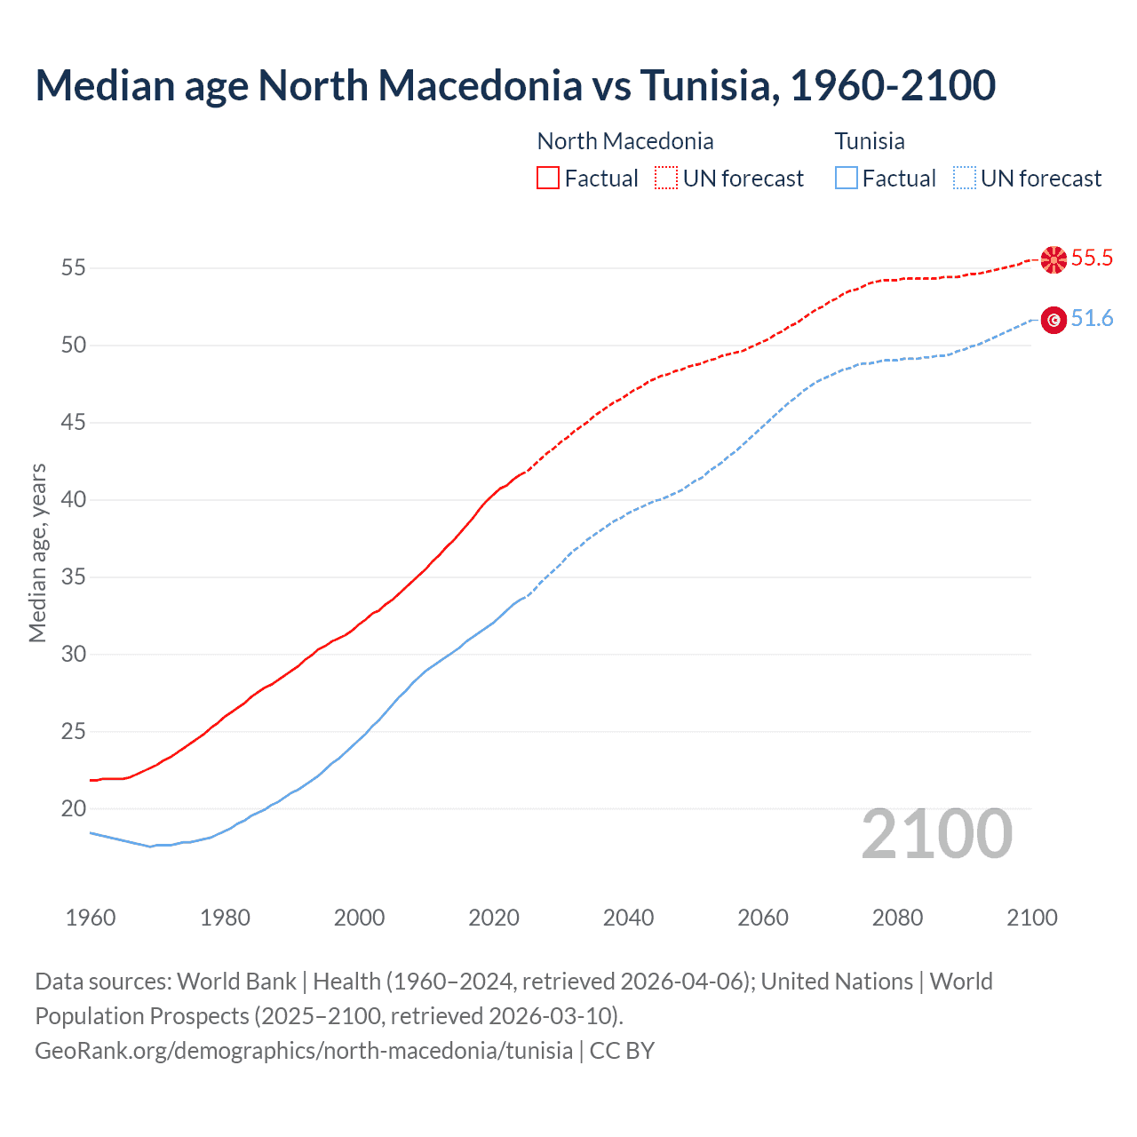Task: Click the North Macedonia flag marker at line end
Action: click(x=1054, y=259)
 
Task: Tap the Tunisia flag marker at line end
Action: click(x=1054, y=320)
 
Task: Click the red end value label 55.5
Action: click(x=1092, y=258)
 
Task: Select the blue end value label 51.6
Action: click(x=1092, y=319)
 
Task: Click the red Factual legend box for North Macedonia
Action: click(x=548, y=179)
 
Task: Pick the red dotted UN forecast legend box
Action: click(x=666, y=179)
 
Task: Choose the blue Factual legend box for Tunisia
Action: click(x=847, y=179)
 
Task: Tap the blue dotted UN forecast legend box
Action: click(x=965, y=179)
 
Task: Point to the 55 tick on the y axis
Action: click(x=73, y=267)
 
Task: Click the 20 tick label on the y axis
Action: click(x=73, y=809)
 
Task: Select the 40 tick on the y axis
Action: click(x=73, y=500)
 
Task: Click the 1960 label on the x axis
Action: click(x=91, y=918)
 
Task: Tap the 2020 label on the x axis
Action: click(x=494, y=918)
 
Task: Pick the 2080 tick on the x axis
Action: click(x=897, y=918)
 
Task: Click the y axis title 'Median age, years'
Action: click(x=37, y=553)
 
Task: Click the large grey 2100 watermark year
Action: click(x=936, y=834)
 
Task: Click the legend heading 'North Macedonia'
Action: click(x=625, y=141)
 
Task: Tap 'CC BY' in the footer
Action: click(x=622, y=1051)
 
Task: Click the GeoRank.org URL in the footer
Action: click(x=304, y=1051)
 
